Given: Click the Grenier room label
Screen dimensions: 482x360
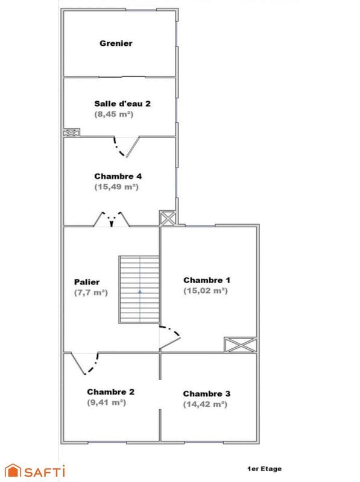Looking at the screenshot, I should (x=116, y=43).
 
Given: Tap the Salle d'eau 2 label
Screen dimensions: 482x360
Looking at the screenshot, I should (x=122, y=103).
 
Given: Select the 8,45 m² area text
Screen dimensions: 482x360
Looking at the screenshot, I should (x=113, y=114).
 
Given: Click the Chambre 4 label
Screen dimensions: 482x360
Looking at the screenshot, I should (x=118, y=177).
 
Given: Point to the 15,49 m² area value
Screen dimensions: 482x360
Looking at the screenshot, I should (x=116, y=187).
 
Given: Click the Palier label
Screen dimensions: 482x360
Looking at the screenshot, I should (x=87, y=282).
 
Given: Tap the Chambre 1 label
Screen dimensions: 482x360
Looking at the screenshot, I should (x=207, y=280).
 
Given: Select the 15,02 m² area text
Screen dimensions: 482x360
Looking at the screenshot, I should (x=205, y=290).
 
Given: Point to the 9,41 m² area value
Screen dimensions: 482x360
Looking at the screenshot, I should (x=106, y=402).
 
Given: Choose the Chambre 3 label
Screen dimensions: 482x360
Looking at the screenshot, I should (x=206, y=394).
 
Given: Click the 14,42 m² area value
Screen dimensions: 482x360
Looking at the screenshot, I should (x=205, y=404).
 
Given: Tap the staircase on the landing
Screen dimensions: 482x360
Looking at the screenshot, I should (x=139, y=290).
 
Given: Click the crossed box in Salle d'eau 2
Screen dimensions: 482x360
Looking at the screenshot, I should (x=71, y=133).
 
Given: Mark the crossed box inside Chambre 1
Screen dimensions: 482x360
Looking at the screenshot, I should (x=240, y=345).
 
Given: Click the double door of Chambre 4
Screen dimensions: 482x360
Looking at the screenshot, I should (x=112, y=218).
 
